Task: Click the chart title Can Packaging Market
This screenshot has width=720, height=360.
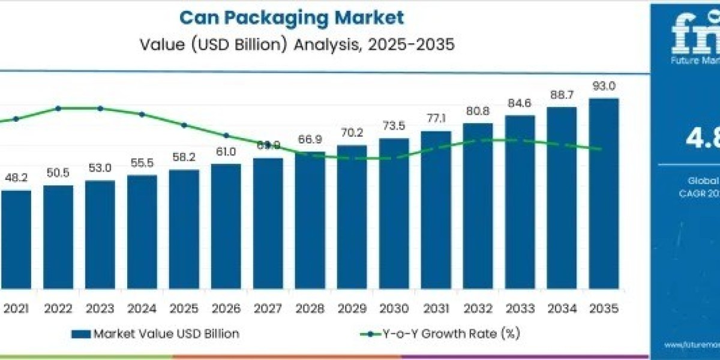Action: (x=292, y=17)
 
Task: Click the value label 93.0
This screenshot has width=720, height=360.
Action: (x=604, y=86)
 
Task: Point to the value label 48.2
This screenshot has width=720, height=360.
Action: (x=16, y=178)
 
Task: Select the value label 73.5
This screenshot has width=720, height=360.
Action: (x=394, y=126)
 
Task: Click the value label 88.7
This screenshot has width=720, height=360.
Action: (x=562, y=95)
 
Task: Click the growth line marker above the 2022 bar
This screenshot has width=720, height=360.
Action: (x=58, y=109)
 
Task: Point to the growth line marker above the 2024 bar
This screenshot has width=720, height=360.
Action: (x=142, y=114)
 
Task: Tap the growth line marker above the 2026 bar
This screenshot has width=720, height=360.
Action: (x=226, y=136)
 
